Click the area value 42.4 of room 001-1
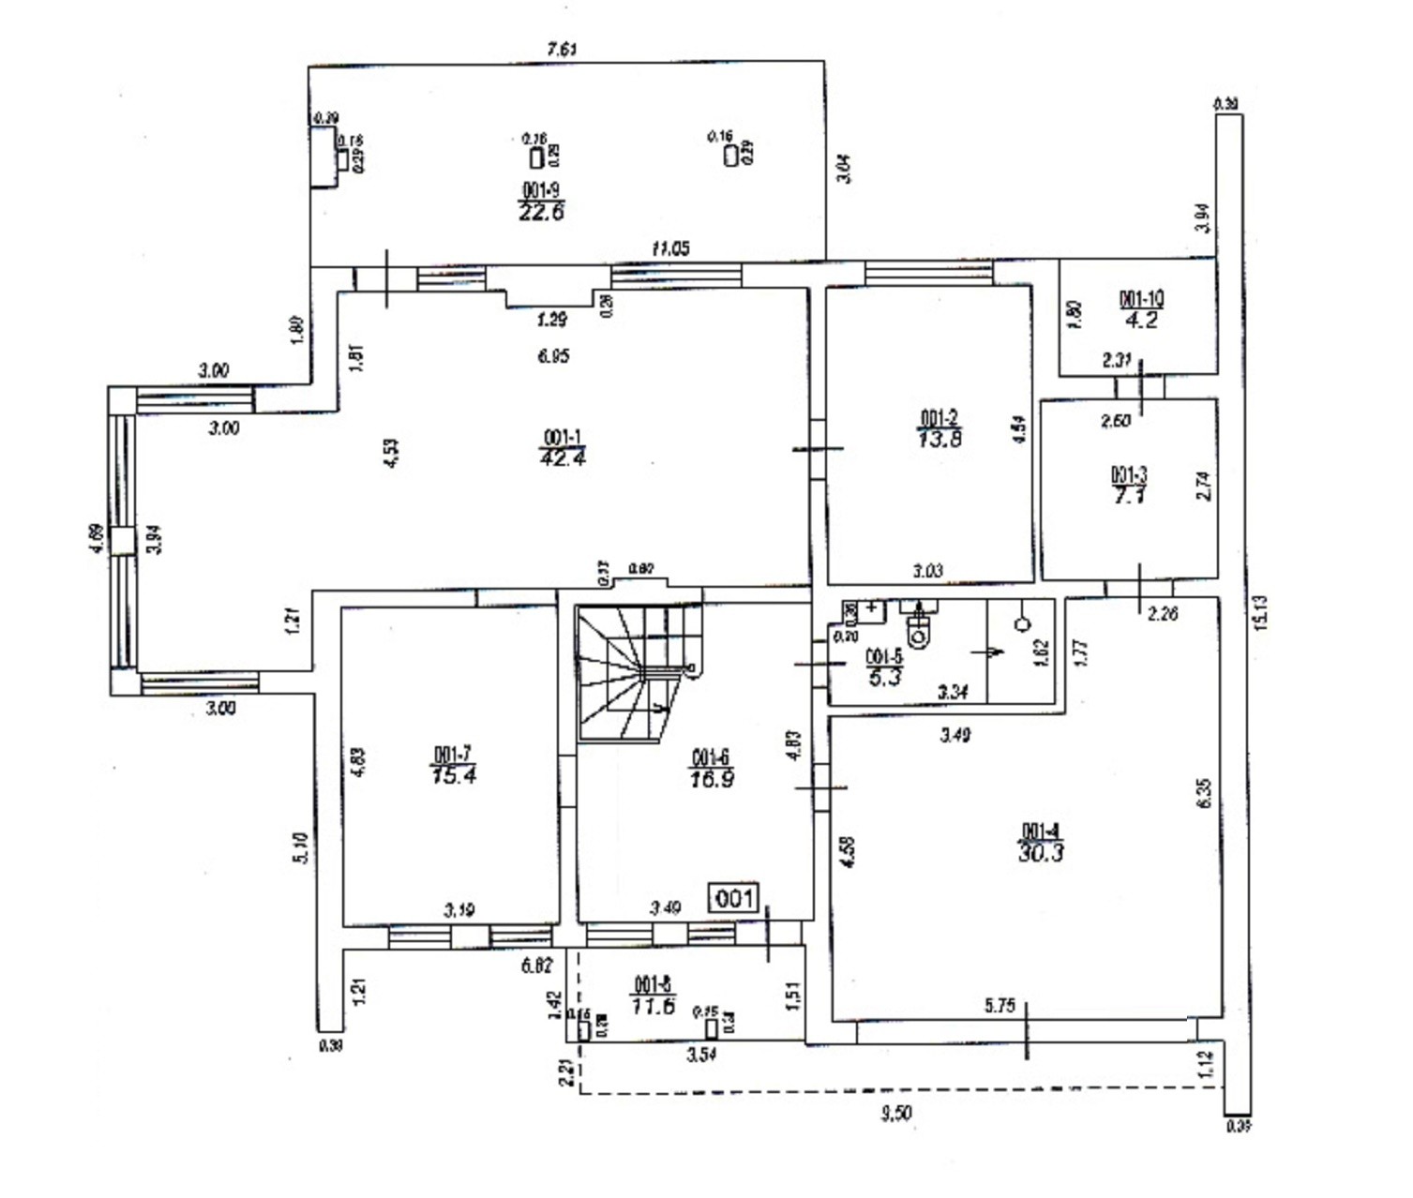coord(563,458)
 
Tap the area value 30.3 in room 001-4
coord(1040,852)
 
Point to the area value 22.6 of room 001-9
coord(541,212)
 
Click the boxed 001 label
coord(734,899)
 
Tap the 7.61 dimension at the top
coord(562,50)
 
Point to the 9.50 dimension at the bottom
coord(896,1113)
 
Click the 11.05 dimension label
coord(670,248)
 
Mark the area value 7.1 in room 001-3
coord(1129,495)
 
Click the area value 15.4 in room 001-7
coord(454,775)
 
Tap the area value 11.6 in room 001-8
coord(654,1006)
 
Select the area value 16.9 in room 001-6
coord(712,778)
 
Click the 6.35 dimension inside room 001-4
coord(1205,793)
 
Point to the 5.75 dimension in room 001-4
coord(1000,1006)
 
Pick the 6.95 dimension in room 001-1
coord(553,356)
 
